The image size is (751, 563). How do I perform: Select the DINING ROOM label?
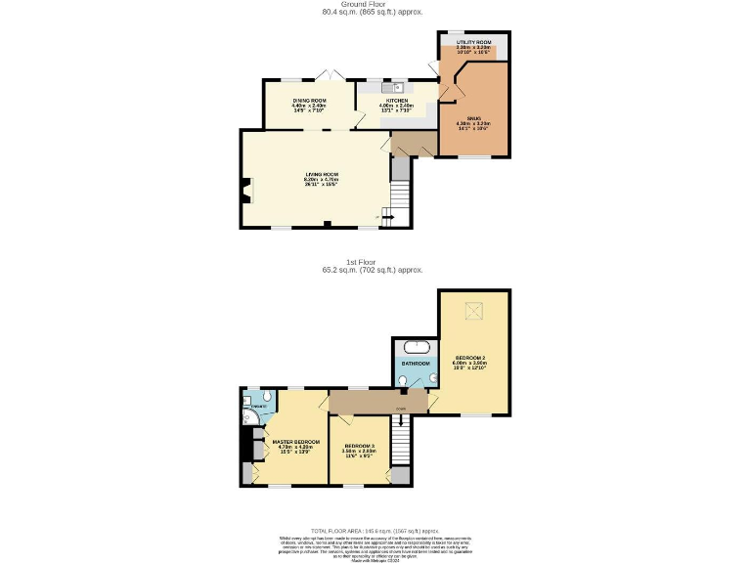[309, 101]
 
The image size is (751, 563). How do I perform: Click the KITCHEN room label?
[396, 101]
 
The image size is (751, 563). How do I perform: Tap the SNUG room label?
[473, 117]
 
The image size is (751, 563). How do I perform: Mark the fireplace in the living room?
[245, 193]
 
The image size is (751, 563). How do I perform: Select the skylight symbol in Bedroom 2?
[475, 311]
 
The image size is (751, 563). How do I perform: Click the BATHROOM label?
[417, 363]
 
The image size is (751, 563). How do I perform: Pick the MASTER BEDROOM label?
[296, 442]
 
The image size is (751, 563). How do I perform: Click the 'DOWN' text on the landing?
[401, 409]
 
